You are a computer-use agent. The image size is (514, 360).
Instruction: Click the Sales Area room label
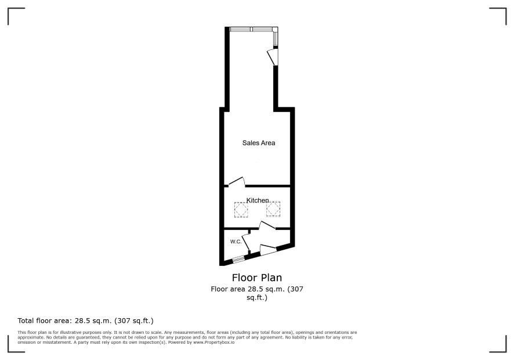coord(259,143)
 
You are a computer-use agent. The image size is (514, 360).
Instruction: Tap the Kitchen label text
coord(258,200)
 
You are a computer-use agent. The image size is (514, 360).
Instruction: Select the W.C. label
coord(236,242)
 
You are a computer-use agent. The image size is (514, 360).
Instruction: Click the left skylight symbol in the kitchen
coord(241,210)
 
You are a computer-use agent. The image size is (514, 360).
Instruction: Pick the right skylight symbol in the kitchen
coord(273,208)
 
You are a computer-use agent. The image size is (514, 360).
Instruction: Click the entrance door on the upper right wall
coord(273,57)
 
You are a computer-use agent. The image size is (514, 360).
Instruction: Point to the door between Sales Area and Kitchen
coord(237,182)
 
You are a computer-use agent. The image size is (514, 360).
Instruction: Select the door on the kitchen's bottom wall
coord(267,225)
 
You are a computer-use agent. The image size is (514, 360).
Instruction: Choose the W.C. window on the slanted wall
coord(238,259)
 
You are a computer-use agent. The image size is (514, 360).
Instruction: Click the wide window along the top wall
coord(251,29)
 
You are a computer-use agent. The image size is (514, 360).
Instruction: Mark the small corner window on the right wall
coord(276,38)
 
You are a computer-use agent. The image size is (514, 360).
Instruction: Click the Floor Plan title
coord(257,278)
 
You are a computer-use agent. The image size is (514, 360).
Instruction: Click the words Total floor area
coord(45,321)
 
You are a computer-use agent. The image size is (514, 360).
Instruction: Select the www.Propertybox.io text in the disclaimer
coord(213,342)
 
